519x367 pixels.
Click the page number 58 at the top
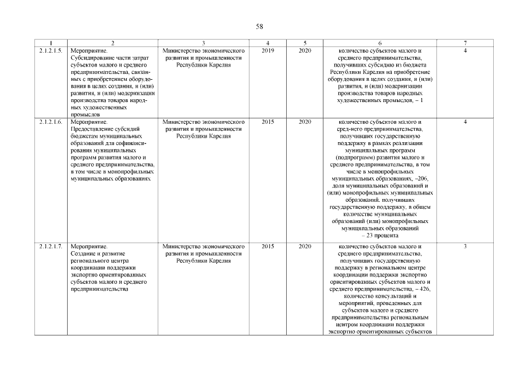tap(259, 26)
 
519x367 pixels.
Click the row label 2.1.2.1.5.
tap(50, 51)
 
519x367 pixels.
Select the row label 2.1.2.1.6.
tap(50, 122)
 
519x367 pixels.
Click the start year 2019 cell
tap(268, 51)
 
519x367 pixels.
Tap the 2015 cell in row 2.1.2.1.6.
tap(268, 122)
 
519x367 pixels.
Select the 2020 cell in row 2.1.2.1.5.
tap(305, 51)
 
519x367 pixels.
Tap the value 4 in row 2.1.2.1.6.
tap(465, 122)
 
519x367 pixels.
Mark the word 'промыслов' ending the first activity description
tap(84, 115)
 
